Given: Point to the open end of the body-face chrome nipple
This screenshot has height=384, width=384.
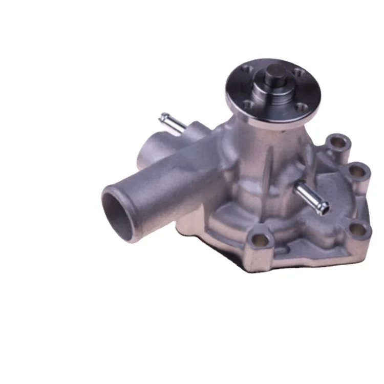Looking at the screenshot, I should click(325, 207).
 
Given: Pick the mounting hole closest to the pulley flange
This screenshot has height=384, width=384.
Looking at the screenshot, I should click(336, 140).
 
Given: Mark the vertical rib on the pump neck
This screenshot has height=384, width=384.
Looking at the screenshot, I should click(267, 154).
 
